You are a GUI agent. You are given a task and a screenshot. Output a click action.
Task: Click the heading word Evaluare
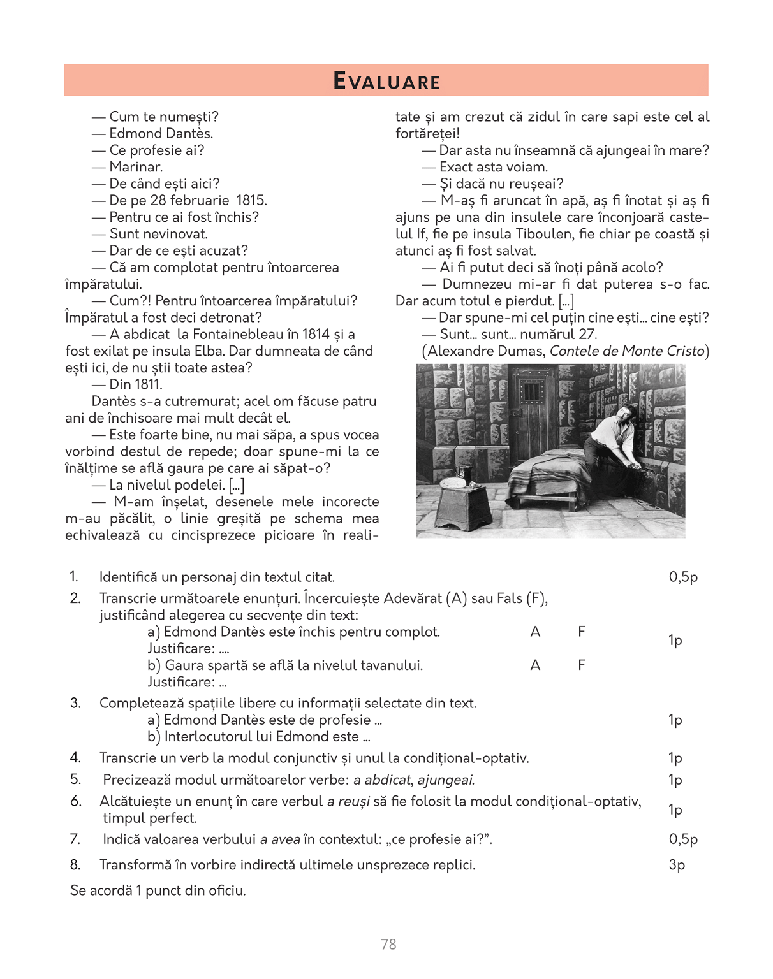pos(386,81)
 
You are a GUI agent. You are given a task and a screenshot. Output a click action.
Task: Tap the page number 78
pos(388,944)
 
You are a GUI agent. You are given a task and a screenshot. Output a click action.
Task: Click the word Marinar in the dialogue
pos(135,167)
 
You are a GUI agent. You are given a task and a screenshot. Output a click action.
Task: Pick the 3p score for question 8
pos(676,865)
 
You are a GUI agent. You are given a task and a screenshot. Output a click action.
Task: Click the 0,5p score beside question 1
pos(683,577)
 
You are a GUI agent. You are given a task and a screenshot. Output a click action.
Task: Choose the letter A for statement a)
pos(535,632)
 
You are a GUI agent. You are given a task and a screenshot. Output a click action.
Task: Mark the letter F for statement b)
pos(581,665)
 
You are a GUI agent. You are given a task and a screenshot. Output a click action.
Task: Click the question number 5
pos(75,779)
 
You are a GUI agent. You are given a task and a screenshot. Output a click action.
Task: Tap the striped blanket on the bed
pos(542,475)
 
